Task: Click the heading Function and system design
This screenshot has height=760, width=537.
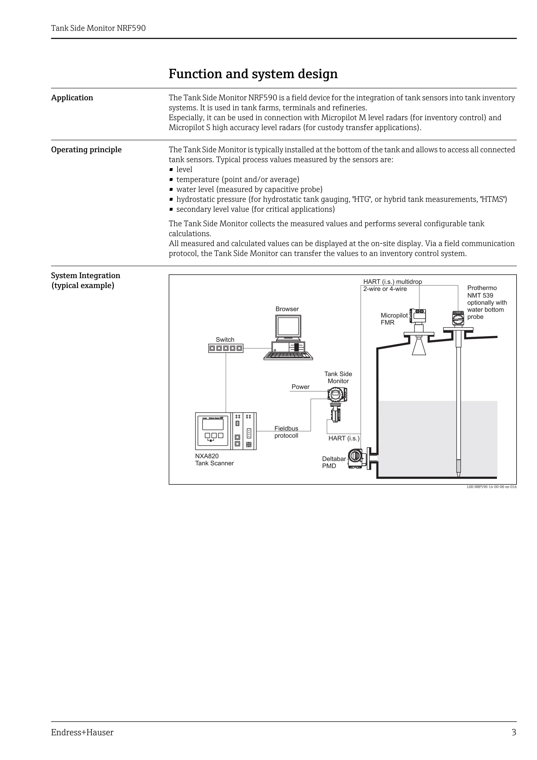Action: (253, 73)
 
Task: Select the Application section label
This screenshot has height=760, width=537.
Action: (72, 98)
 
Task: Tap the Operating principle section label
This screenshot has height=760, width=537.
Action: (86, 150)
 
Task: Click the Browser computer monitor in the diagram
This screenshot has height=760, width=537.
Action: (288, 327)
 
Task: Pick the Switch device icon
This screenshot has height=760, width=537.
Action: (226, 348)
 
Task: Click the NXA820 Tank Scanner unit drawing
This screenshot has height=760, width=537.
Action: (226, 431)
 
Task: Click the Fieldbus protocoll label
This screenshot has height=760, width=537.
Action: (286, 432)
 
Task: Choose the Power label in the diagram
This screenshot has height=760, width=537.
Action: (300, 387)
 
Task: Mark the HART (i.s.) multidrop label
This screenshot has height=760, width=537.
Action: (393, 282)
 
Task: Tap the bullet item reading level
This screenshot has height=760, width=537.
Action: (184, 169)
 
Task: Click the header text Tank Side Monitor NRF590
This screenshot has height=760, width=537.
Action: (98, 28)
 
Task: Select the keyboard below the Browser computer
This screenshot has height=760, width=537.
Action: (288, 356)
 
